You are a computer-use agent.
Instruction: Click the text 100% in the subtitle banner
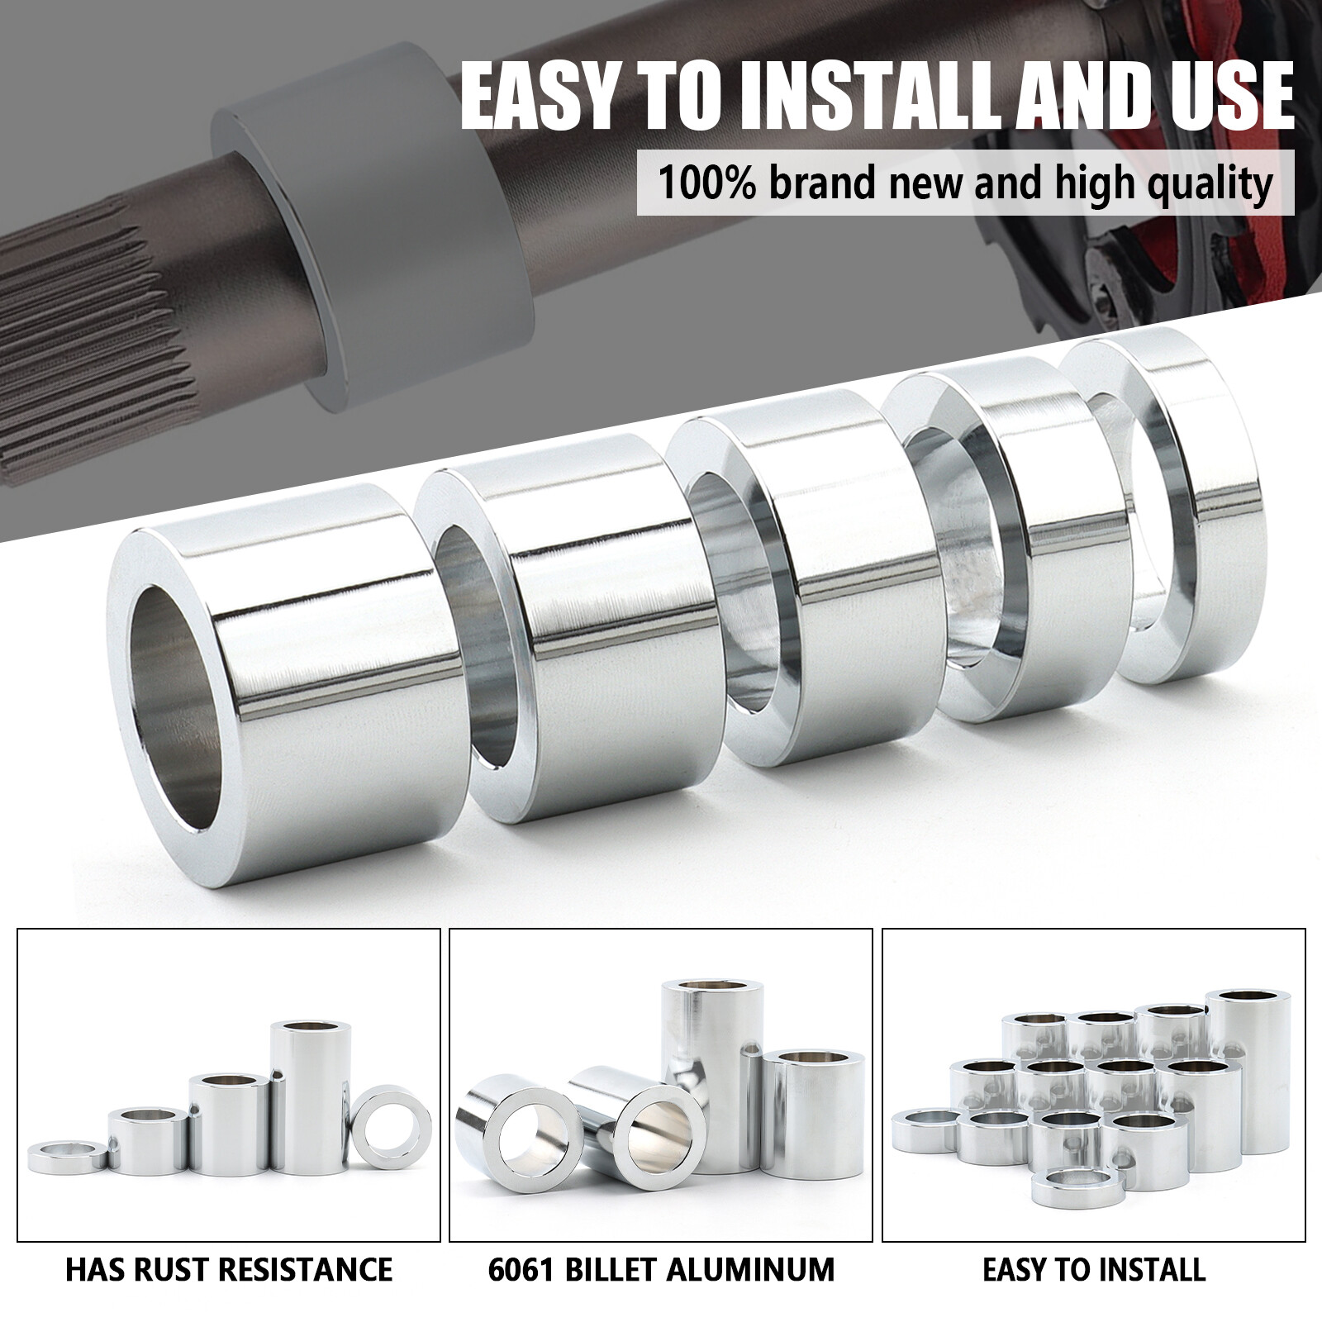(x=706, y=183)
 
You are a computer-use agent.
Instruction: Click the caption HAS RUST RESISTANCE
(x=229, y=1268)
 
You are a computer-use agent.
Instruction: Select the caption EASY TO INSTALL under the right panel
(x=1094, y=1268)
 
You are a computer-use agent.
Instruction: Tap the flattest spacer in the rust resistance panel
(x=68, y=1157)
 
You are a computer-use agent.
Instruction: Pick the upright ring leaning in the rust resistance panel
(x=391, y=1126)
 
